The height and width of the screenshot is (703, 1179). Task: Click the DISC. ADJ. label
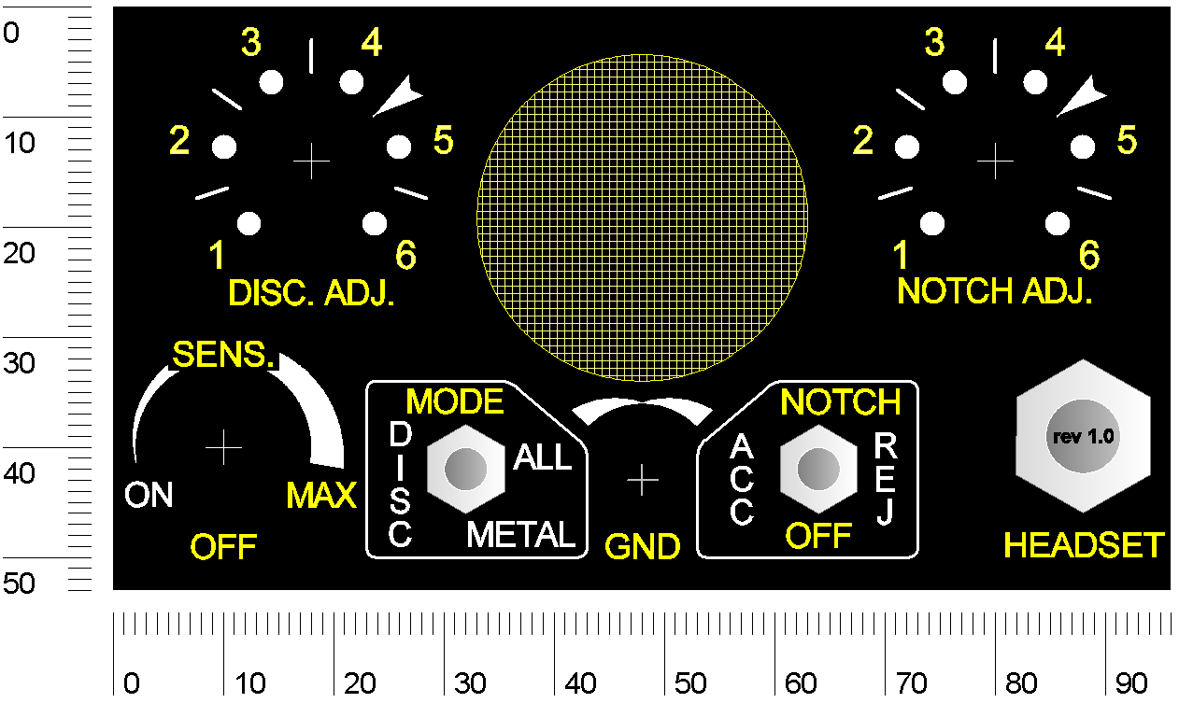click(311, 293)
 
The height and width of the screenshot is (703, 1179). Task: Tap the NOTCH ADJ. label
click(994, 290)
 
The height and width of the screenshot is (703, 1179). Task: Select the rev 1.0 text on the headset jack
click(1083, 436)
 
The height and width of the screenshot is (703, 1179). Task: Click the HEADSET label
click(1084, 544)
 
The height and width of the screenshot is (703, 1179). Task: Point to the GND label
click(642, 546)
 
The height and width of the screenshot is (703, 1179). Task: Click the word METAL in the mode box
click(520, 535)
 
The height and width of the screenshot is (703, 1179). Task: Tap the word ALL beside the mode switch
click(542, 457)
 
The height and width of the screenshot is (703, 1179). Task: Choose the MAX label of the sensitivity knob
click(321, 495)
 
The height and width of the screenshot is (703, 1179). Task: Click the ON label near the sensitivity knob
click(149, 495)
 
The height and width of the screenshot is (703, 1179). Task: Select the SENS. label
click(223, 355)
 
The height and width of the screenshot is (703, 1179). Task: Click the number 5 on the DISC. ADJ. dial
click(443, 140)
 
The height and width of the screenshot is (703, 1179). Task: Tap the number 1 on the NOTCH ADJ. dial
click(901, 255)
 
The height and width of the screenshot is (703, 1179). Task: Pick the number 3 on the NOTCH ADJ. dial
click(934, 41)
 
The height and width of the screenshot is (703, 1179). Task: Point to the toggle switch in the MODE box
click(466, 469)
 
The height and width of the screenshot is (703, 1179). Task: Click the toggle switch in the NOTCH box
click(818, 469)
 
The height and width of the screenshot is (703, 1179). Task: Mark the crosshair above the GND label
click(642, 480)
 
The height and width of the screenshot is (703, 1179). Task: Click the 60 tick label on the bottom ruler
click(801, 683)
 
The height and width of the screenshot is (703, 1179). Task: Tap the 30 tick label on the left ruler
click(19, 363)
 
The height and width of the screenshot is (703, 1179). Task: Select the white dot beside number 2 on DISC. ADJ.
click(224, 147)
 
